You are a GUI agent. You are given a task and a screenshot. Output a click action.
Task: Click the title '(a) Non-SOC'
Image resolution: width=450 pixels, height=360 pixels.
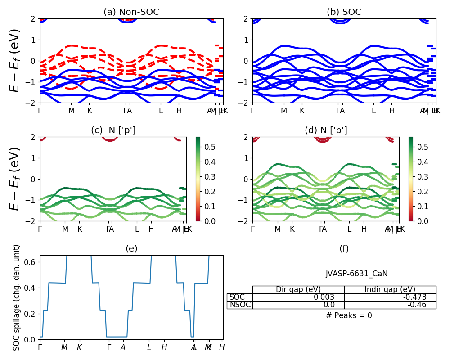click(x=131, y=12)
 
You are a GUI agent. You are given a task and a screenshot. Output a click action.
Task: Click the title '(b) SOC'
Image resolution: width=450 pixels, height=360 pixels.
click(x=344, y=12)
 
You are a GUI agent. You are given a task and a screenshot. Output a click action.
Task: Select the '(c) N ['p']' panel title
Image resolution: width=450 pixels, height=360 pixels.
click(x=113, y=130)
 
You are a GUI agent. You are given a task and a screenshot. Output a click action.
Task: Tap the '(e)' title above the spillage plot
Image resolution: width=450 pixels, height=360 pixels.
click(x=131, y=249)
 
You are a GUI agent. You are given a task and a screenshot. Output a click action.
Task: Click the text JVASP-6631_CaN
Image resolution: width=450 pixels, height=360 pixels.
click(x=356, y=274)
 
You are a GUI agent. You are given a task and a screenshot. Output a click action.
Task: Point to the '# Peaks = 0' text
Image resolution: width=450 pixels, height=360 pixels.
click(x=349, y=315)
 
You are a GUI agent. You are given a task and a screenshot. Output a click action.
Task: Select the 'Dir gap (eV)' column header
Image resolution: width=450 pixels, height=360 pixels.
click(x=298, y=290)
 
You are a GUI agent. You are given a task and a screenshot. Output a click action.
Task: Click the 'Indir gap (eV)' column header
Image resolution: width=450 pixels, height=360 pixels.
click(x=390, y=290)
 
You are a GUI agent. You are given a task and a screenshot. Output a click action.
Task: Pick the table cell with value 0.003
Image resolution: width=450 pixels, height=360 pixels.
click(x=324, y=297)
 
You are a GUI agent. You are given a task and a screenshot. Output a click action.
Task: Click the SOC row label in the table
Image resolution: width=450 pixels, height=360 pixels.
click(x=237, y=297)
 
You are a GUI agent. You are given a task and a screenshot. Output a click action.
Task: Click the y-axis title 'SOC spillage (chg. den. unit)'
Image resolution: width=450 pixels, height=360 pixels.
click(x=17, y=297)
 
